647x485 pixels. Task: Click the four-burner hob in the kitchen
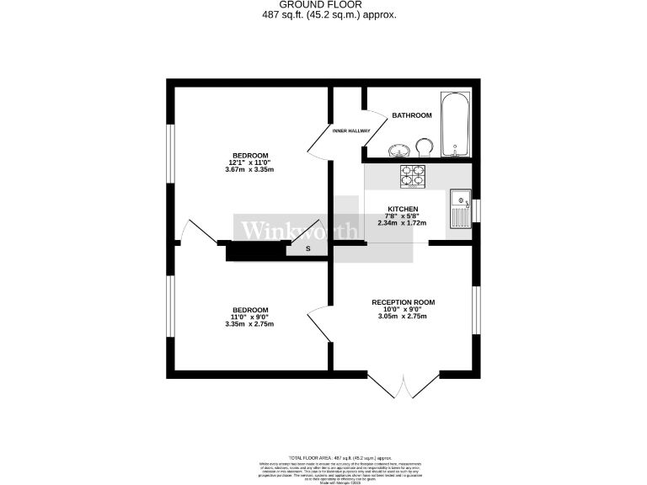pos(413,175)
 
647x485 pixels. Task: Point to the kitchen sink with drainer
pos(459,211)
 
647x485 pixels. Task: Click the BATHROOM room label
pos(412,115)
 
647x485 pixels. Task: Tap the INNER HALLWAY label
pos(351,131)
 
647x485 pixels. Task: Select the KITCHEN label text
pos(402,209)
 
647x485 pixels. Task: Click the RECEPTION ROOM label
pos(403,302)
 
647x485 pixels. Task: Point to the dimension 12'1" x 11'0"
pos(250,163)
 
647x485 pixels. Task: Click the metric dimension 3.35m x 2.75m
pos(250,324)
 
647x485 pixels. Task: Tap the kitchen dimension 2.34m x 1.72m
pos(402,223)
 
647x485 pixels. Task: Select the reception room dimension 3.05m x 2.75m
pos(403,317)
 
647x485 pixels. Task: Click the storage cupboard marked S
pos(307,248)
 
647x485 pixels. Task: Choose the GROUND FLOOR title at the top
pos(324,4)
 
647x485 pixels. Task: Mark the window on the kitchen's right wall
pos(476,211)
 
